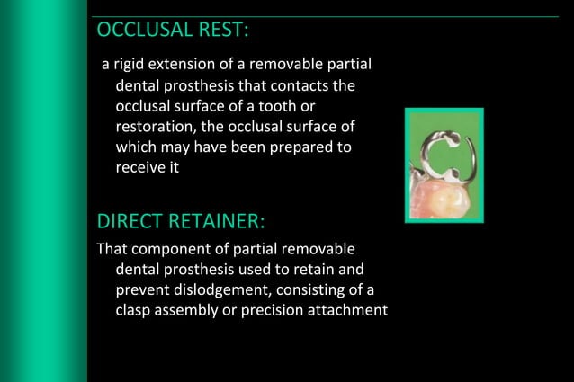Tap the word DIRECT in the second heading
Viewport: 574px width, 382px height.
129,221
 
